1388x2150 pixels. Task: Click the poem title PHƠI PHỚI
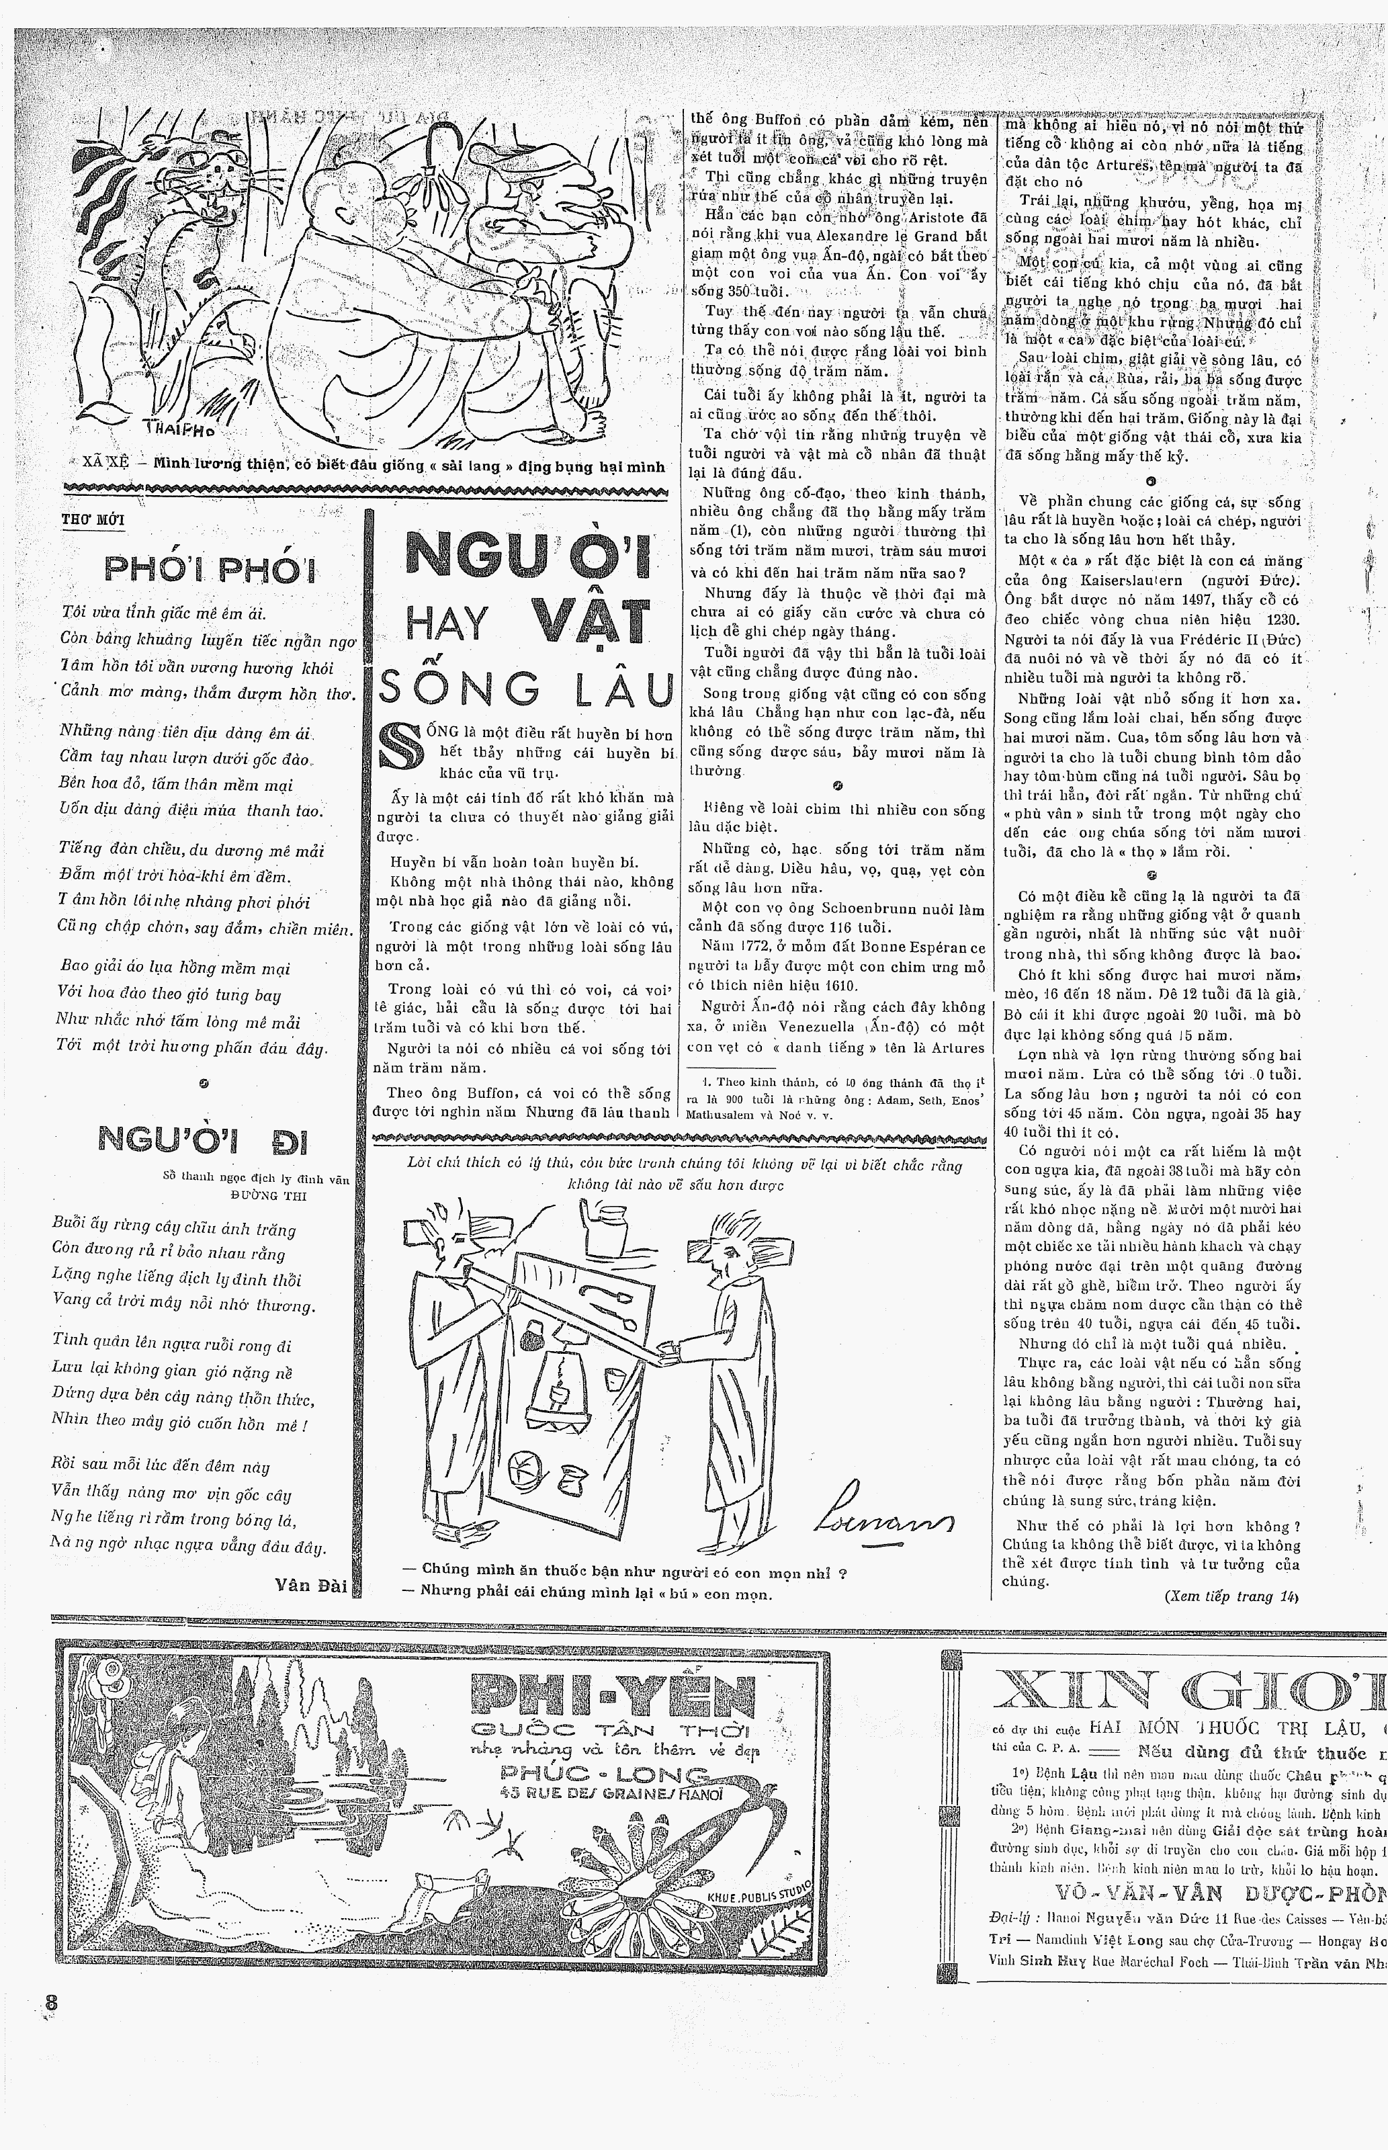coord(210,570)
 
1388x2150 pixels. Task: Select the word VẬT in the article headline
coord(589,621)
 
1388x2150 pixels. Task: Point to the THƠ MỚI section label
coord(93,520)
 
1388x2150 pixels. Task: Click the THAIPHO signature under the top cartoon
coord(172,429)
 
